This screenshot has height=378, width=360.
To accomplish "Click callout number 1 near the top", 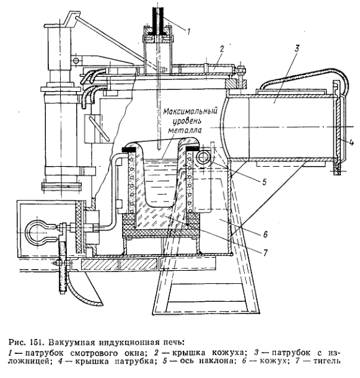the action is pyautogui.click(x=188, y=32).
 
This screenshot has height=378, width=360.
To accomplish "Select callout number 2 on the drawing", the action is pyautogui.click(x=222, y=49).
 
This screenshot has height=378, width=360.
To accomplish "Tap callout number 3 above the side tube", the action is pyautogui.click(x=297, y=48).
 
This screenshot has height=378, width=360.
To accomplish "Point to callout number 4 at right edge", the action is pyautogui.click(x=351, y=143).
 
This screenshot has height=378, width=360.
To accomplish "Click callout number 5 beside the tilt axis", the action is pyautogui.click(x=265, y=182).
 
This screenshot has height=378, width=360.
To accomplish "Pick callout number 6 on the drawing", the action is pyautogui.click(x=265, y=234).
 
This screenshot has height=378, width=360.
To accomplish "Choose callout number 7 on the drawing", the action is pyautogui.click(x=265, y=252).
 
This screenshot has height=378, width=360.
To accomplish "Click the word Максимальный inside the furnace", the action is pyautogui.click(x=190, y=112).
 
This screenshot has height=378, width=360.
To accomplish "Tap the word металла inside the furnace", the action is pyautogui.click(x=185, y=130).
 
